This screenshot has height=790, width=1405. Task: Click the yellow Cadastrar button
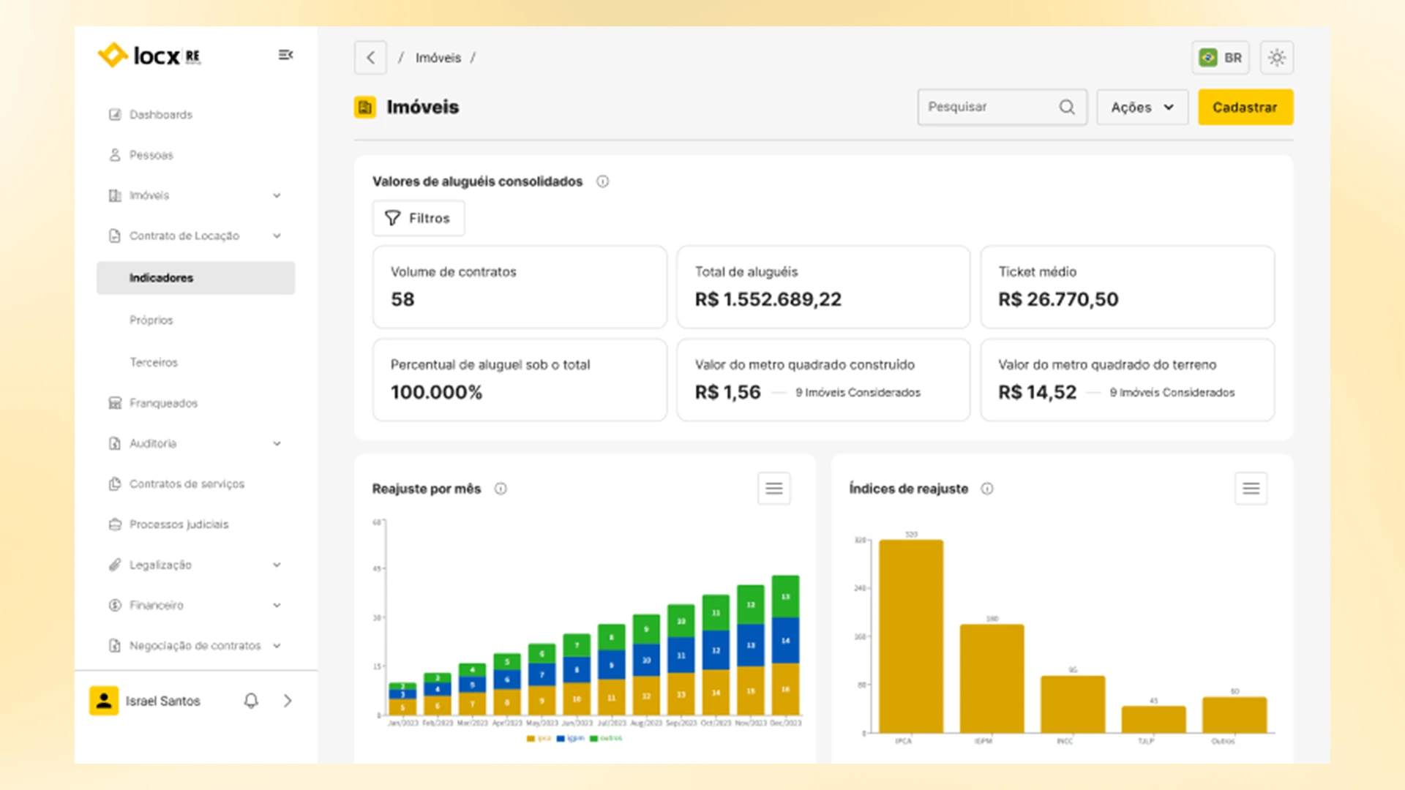coord(1245,108)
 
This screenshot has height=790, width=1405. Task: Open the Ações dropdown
coord(1142,108)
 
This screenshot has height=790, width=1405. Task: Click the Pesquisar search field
coord(988,108)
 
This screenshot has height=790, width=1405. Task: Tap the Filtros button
coord(418,218)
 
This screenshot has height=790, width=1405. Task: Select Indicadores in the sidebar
coord(162,278)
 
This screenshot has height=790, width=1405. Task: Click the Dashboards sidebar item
coord(161,115)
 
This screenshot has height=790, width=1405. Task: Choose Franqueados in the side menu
coord(163,403)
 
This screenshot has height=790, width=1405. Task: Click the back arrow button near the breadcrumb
coord(370,58)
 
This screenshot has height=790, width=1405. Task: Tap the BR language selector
coord(1221,58)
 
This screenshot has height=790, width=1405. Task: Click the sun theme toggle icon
coord(1277,58)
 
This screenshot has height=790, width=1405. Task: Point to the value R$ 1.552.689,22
coord(768,299)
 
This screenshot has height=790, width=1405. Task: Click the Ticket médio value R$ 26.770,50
coord(1058,299)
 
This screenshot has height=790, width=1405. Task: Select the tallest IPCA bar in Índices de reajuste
coord(911,636)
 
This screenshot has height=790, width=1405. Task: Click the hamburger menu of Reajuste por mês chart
coord(773,489)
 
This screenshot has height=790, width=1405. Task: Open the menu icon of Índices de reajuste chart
coord(1251,489)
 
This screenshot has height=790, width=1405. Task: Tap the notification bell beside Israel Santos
coord(251,701)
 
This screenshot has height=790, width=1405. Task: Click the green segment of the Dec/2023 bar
coord(785,596)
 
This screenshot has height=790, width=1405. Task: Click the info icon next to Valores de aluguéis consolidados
coord(602,181)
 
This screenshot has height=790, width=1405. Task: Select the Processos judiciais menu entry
coord(179,524)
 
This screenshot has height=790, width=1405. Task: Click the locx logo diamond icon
coord(113,55)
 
